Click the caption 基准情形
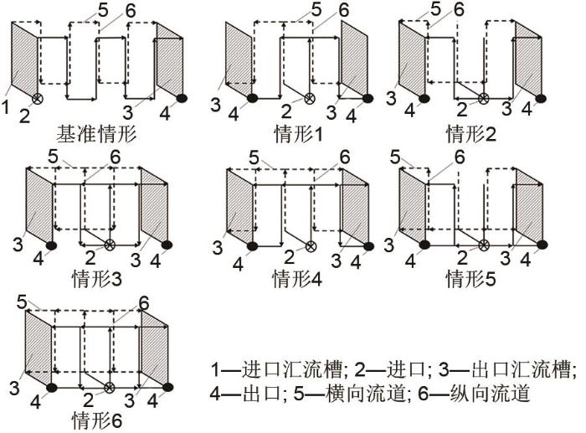coord(96,133)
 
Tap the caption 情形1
coord(298,133)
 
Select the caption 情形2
coord(470,133)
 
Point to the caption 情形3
coord(97,279)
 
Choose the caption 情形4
coord(297,279)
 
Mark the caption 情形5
coord(470,279)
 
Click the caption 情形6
coord(97,420)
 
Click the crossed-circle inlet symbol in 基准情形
coord(37,99)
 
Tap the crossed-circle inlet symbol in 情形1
coord(309,98)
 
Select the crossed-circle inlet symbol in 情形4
coord(311,246)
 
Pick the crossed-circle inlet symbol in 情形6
coord(109,388)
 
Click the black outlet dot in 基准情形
coord(182,98)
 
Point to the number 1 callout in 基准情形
coord(5,106)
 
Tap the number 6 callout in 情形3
coord(116,157)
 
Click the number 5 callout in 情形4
coord(254,157)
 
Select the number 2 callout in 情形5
coord(462,258)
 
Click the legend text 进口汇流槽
coord(292,370)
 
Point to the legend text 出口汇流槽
coord(522,370)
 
